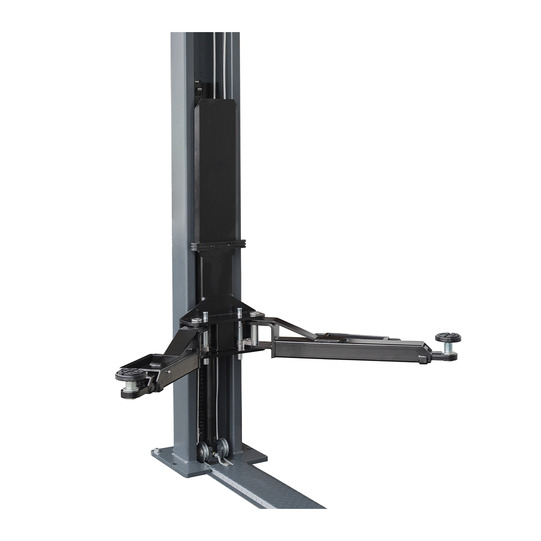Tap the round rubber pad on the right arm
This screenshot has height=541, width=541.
[448, 337]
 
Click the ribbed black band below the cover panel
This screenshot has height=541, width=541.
[218, 245]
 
